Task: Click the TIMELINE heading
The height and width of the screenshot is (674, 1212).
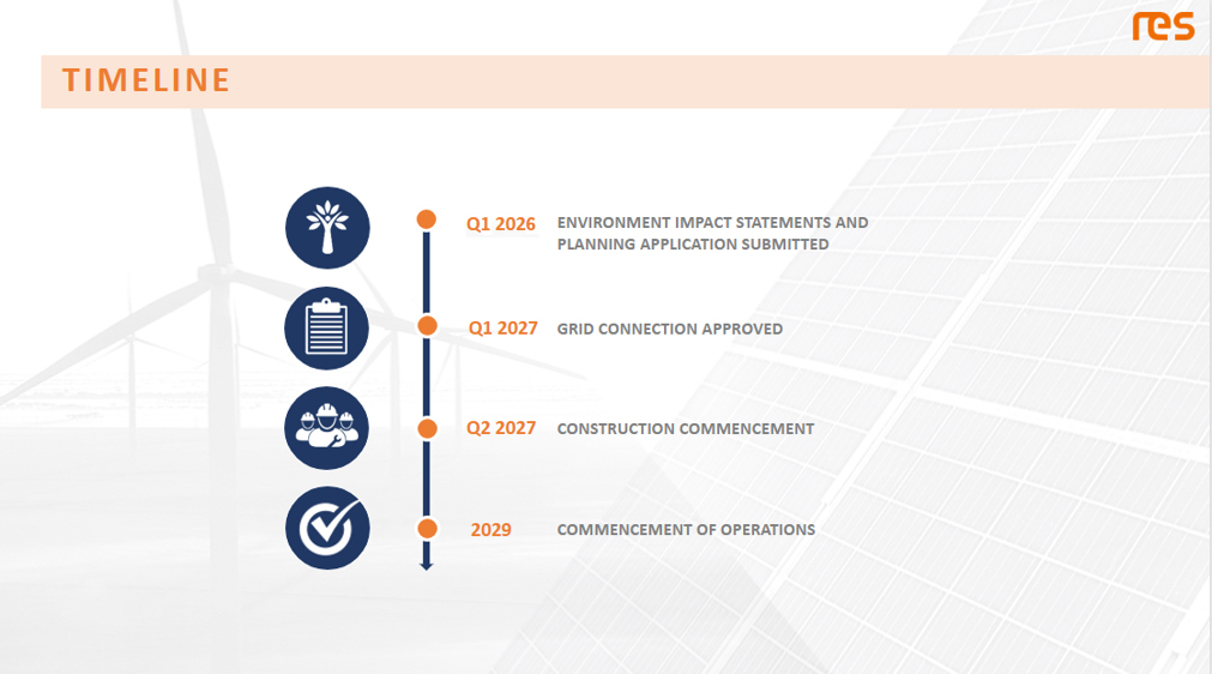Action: (146, 80)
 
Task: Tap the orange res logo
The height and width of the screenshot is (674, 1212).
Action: (1163, 27)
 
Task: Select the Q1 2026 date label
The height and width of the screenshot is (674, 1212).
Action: (500, 224)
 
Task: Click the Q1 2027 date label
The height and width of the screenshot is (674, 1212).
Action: (503, 328)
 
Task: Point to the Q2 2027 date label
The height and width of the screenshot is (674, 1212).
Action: (501, 428)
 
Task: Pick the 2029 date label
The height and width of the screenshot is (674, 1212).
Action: (491, 530)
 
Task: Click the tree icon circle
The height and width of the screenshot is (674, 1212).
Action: (327, 228)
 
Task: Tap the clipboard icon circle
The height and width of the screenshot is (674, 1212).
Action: (326, 328)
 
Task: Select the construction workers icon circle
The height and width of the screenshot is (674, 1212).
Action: (326, 428)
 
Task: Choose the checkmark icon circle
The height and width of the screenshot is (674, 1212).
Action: (327, 528)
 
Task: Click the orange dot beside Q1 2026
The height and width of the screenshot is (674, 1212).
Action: (426, 219)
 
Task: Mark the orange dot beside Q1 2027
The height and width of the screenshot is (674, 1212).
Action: (427, 326)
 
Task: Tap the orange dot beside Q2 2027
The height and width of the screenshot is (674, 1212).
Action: (427, 428)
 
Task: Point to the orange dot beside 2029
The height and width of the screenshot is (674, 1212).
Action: (427, 528)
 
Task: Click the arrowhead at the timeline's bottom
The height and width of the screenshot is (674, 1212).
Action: (426, 566)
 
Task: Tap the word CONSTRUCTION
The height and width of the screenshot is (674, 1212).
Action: (616, 429)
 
